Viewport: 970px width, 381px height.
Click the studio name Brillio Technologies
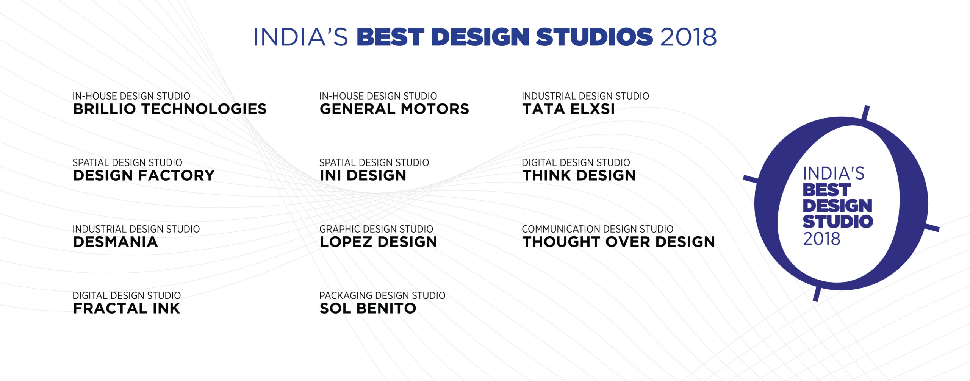click(x=170, y=109)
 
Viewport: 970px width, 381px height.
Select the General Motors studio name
click(x=394, y=109)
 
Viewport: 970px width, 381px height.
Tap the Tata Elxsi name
click(x=568, y=109)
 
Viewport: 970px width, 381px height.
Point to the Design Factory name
click(x=144, y=175)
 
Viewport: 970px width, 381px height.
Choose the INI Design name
click(x=363, y=175)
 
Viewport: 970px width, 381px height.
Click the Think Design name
click(x=579, y=175)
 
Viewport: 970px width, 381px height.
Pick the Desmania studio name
click(x=116, y=242)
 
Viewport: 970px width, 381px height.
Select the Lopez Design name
click(x=379, y=242)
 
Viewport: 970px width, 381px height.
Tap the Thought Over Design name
click(x=619, y=242)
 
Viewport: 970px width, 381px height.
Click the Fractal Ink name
click(x=127, y=308)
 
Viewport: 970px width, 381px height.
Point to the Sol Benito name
click(x=368, y=308)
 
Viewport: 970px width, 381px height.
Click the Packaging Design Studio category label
click(x=382, y=295)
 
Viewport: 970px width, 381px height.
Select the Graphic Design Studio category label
click(x=376, y=229)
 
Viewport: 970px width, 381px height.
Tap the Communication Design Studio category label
click(x=598, y=229)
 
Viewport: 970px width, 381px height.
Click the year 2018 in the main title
click(x=688, y=37)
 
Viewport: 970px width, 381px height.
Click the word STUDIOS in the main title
click(x=594, y=37)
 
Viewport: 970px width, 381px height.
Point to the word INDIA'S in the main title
click(x=301, y=37)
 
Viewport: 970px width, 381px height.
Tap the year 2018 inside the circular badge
click(x=822, y=239)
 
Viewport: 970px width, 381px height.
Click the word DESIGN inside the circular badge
click(x=837, y=206)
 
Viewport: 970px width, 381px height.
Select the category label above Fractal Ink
click(x=127, y=295)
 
